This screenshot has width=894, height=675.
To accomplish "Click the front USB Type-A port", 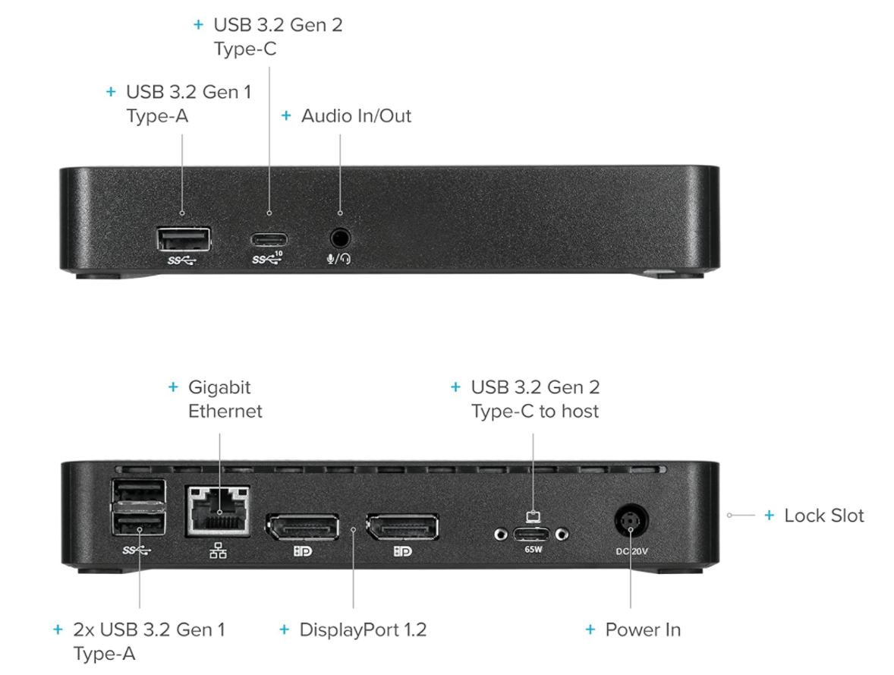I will click(x=183, y=239).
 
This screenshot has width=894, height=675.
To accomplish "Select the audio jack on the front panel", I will click(x=339, y=238).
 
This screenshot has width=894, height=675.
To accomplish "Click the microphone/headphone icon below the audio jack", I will click(x=338, y=258).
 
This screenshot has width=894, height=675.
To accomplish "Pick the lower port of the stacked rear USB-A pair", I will click(x=139, y=525).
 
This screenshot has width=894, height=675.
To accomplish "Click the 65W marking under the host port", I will click(x=531, y=548).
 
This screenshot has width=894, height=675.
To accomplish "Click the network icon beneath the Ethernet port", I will click(x=218, y=551).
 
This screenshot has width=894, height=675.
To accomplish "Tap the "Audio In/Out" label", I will click(x=356, y=116).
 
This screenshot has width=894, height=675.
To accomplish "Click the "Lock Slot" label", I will click(x=823, y=516).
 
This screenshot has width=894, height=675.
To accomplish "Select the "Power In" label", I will click(x=642, y=629).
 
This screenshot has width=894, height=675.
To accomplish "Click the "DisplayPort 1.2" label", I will click(x=363, y=629).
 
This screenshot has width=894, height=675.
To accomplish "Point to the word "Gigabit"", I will click(x=219, y=387).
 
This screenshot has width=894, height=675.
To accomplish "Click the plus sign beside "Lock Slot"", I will click(x=769, y=516).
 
